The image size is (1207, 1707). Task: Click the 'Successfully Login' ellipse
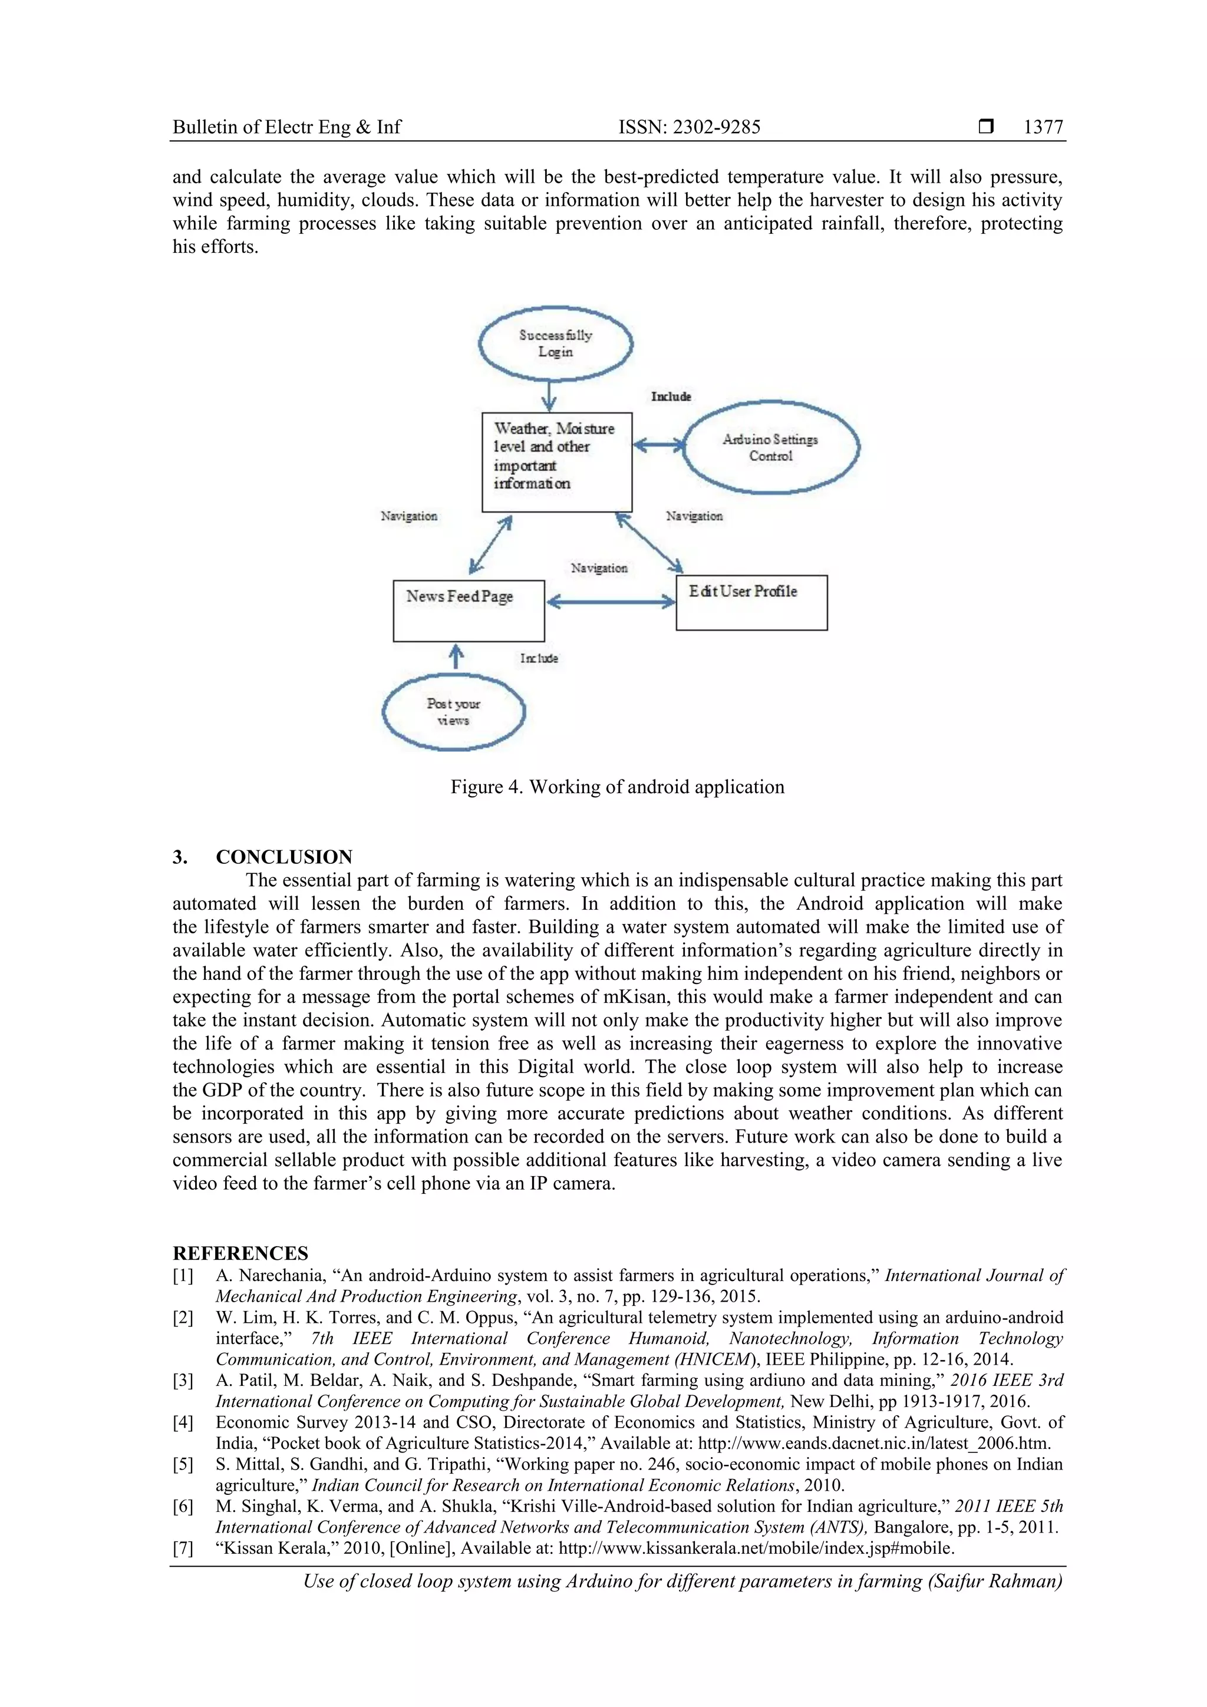(555, 344)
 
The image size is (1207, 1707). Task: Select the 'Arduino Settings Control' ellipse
(770, 447)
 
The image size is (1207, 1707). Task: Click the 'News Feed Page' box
(469, 610)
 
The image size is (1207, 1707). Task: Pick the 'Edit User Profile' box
(751, 602)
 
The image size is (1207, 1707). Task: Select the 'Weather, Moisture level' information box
(556, 462)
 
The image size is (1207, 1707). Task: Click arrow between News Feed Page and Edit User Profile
(611, 602)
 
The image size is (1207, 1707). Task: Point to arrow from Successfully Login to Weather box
(549, 395)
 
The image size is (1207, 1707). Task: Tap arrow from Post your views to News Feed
(457, 657)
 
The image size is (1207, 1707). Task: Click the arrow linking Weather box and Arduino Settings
(658, 445)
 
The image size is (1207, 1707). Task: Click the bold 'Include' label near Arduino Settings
(671, 397)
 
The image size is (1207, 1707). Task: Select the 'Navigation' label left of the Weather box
(409, 516)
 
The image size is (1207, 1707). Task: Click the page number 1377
(1043, 127)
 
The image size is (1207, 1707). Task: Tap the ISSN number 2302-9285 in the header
(716, 127)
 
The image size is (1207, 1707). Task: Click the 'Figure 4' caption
(617, 787)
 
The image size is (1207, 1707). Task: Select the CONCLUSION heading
(283, 857)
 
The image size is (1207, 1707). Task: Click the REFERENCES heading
(240, 1253)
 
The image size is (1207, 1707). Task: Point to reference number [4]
(183, 1422)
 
